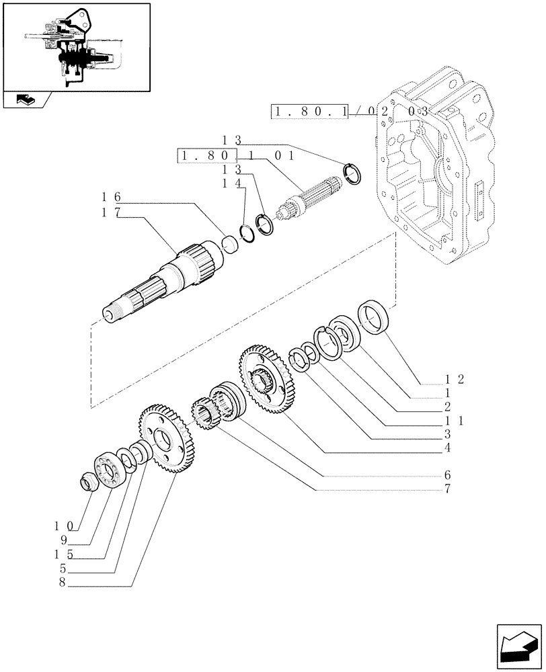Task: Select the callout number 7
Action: (446, 489)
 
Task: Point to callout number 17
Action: (111, 213)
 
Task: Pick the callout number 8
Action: (61, 583)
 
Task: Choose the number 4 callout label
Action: (446, 448)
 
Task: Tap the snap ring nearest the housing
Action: (352, 173)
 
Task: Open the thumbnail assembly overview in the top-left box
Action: (75, 47)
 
